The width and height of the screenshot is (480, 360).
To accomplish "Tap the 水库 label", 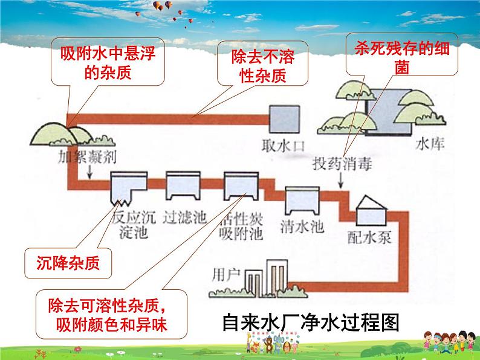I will click(x=431, y=146).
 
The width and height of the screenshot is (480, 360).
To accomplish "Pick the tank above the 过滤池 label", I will click(x=184, y=184).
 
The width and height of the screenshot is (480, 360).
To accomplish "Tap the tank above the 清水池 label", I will click(x=303, y=199).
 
